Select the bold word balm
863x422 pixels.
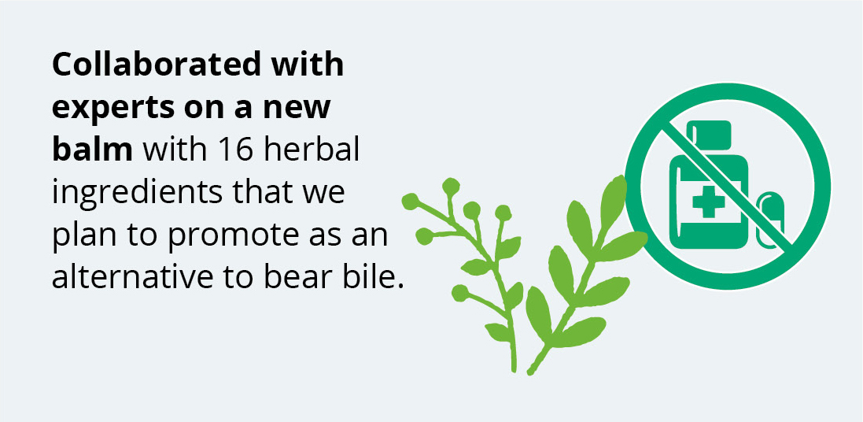point(93,150)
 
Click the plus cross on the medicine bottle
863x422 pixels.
point(708,202)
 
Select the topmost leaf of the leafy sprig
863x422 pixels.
point(614,198)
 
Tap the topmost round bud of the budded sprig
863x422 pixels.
point(451,187)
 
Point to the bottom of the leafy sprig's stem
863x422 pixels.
point(531,372)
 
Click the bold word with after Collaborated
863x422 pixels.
point(302,65)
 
